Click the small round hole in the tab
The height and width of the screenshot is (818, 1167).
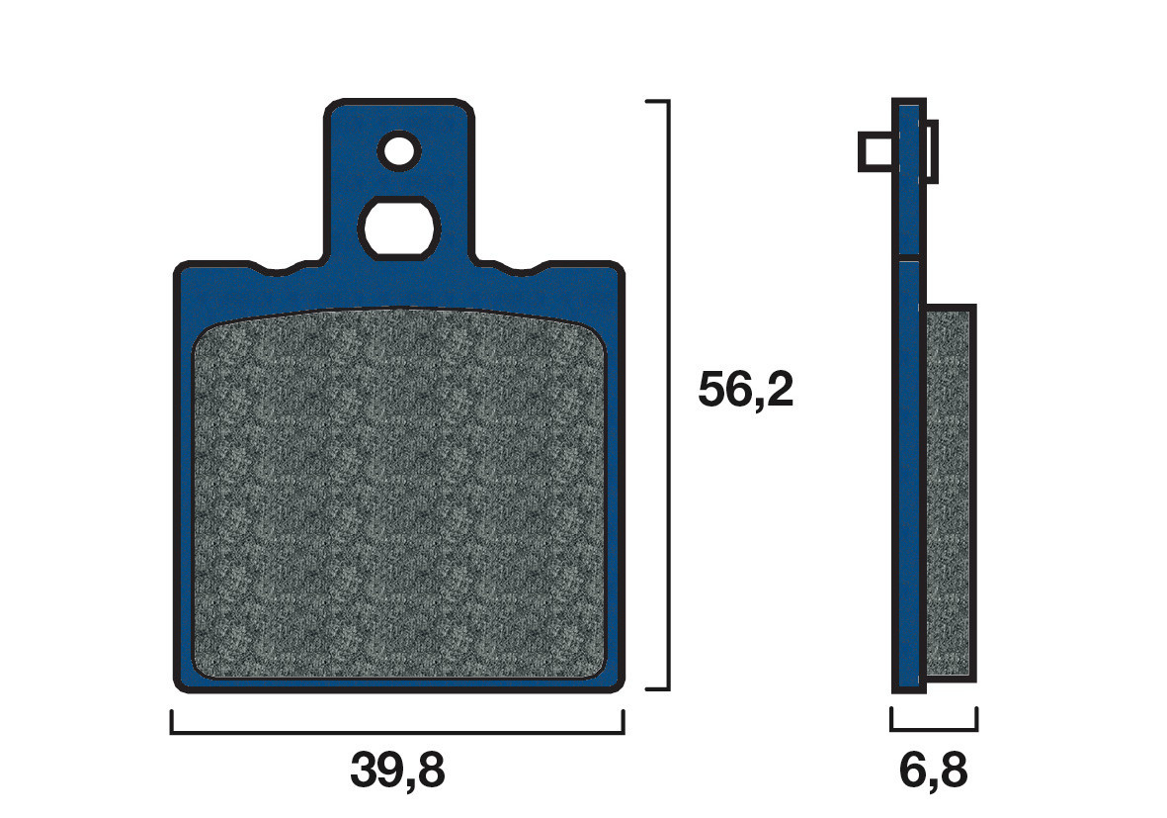click(x=398, y=150)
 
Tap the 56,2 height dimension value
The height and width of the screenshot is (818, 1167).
click(x=745, y=391)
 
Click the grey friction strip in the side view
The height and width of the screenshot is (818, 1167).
click(x=950, y=493)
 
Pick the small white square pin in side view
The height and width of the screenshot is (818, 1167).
click(x=875, y=153)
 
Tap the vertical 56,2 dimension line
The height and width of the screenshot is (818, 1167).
click(x=669, y=396)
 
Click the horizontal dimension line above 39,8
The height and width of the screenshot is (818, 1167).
click(x=397, y=733)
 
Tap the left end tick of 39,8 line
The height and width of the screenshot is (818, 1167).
click(x=172, y=723)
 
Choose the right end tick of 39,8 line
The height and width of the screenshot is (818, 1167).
click(x=624, y=723)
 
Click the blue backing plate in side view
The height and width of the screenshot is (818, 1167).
click(x=908, y=445)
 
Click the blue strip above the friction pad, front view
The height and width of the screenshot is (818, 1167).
click(x=398, y=289)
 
